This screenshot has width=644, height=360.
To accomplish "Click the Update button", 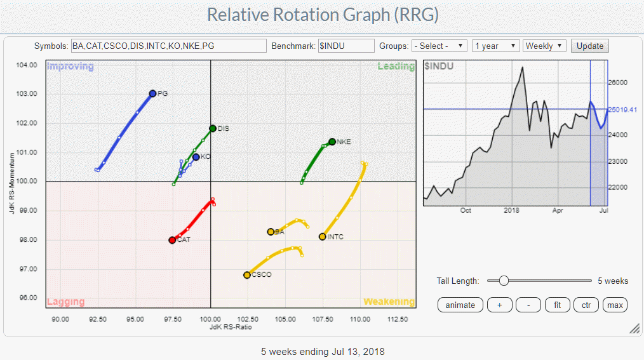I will tap(590, 46).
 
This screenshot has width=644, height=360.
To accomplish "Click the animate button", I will tap(460, 305).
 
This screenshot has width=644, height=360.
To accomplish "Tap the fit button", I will tap(557, 305).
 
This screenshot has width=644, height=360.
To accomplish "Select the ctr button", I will tap(586, 305).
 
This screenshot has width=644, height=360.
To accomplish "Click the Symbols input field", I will tap(168, 46).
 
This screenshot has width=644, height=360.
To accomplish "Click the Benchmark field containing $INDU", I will tap(346, 46).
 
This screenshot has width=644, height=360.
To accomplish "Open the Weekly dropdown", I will tap(544, 46).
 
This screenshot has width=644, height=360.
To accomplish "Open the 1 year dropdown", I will tap(495, 46).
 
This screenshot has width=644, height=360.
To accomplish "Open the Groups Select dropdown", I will tap(439, 46).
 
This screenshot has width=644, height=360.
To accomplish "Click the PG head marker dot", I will tap(152, 93).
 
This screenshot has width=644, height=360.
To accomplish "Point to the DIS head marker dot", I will tap(213, 128).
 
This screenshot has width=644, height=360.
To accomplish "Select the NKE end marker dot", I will tap(332, 142).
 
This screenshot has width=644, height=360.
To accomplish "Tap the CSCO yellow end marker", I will tap(247, 275).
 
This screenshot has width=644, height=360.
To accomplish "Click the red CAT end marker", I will tap(172, 240).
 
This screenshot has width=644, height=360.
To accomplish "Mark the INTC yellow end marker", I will tap(323, 237).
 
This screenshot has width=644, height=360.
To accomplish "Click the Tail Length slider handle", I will tap(503, 281).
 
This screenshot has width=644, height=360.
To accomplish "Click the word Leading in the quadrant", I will tap(396, 67).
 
